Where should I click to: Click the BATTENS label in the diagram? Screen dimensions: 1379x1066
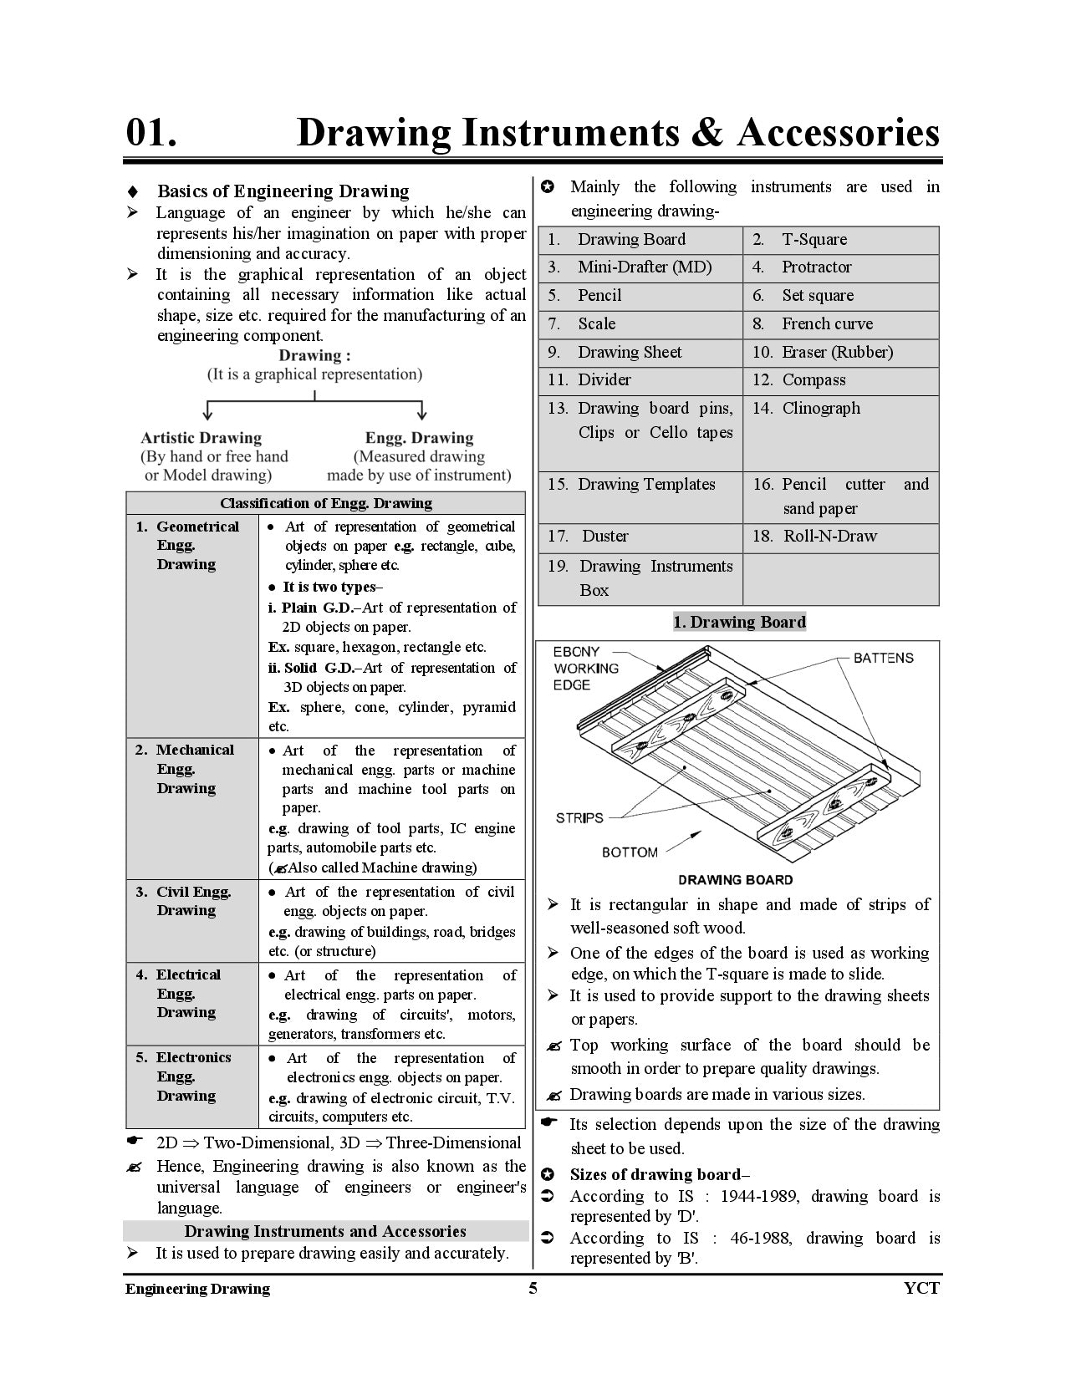pos(883,658)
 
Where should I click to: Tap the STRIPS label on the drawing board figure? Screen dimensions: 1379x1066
pos(579,817)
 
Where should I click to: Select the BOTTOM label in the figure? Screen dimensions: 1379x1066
pos(630,852)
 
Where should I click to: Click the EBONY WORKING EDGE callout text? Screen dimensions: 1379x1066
pos(585,668)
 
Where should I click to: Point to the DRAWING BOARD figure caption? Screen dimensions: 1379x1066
pos(735,880)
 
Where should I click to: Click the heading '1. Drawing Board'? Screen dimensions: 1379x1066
pos(739,622)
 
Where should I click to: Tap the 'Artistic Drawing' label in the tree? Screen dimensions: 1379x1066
pos(201,438)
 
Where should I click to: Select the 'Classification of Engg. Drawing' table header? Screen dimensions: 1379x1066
pos(326,503)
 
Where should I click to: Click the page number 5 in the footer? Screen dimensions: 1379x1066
pos(533,1288)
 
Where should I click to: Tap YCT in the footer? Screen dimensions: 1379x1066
pos(921,1288)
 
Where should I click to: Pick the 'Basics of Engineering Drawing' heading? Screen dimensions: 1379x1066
pos(283,191)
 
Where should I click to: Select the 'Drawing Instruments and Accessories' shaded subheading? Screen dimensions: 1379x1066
pos(325,1231)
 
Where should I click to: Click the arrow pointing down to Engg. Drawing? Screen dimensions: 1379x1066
pos(422,410)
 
